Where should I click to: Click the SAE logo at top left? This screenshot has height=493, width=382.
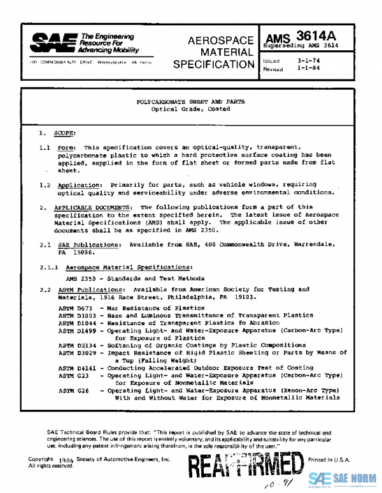tap(46, 42)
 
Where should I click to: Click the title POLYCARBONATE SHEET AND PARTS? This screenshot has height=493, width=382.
tap(190, 102)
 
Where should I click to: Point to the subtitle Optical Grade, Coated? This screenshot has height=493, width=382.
tap(190, 109)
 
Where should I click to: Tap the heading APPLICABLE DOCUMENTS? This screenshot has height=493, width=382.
tap(93, 207)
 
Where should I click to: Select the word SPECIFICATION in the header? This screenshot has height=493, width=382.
tap(213, 64)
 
